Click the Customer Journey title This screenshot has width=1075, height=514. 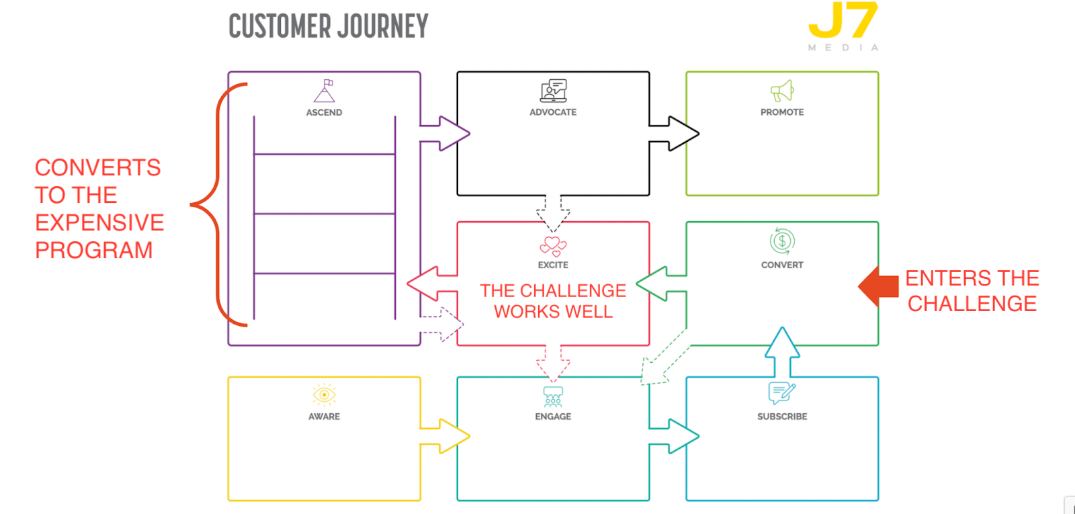point(328,27)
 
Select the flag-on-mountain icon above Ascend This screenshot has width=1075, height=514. point(325,91)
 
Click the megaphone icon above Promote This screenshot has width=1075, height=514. point(782,91)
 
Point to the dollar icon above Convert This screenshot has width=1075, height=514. point(782,241)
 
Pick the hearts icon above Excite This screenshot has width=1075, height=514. point(553,246)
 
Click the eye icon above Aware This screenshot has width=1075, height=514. point(324,395)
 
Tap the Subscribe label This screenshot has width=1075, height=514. point(782,417)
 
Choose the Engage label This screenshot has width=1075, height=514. point(553,417)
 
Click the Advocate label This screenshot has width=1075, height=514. point(553,112)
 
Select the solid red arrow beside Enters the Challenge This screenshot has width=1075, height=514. point(879,286)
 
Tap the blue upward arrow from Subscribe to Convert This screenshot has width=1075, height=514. point(782,351)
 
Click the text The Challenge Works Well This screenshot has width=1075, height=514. point(553,301)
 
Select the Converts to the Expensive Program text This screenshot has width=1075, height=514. point(99,208)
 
